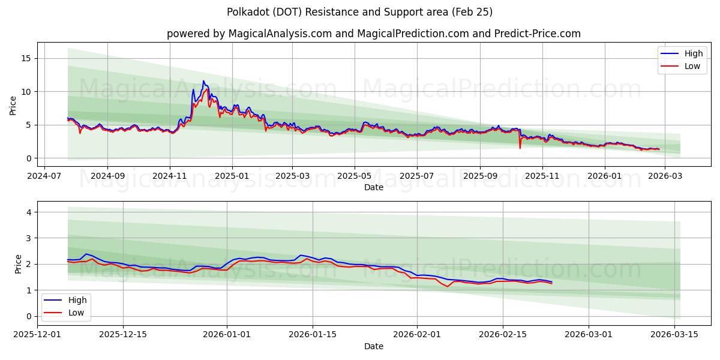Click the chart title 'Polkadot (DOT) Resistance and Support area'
[360, 12]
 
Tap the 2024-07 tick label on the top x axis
[46, 176]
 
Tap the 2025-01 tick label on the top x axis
[232, 176]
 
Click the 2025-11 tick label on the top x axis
[542, 176]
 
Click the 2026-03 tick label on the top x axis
[666, 176]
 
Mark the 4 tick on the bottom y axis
[28, 212]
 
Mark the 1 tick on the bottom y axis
[28, 290]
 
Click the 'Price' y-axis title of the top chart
[13, 104]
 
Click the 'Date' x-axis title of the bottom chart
[373, 346]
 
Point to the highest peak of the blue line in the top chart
[203, 81]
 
